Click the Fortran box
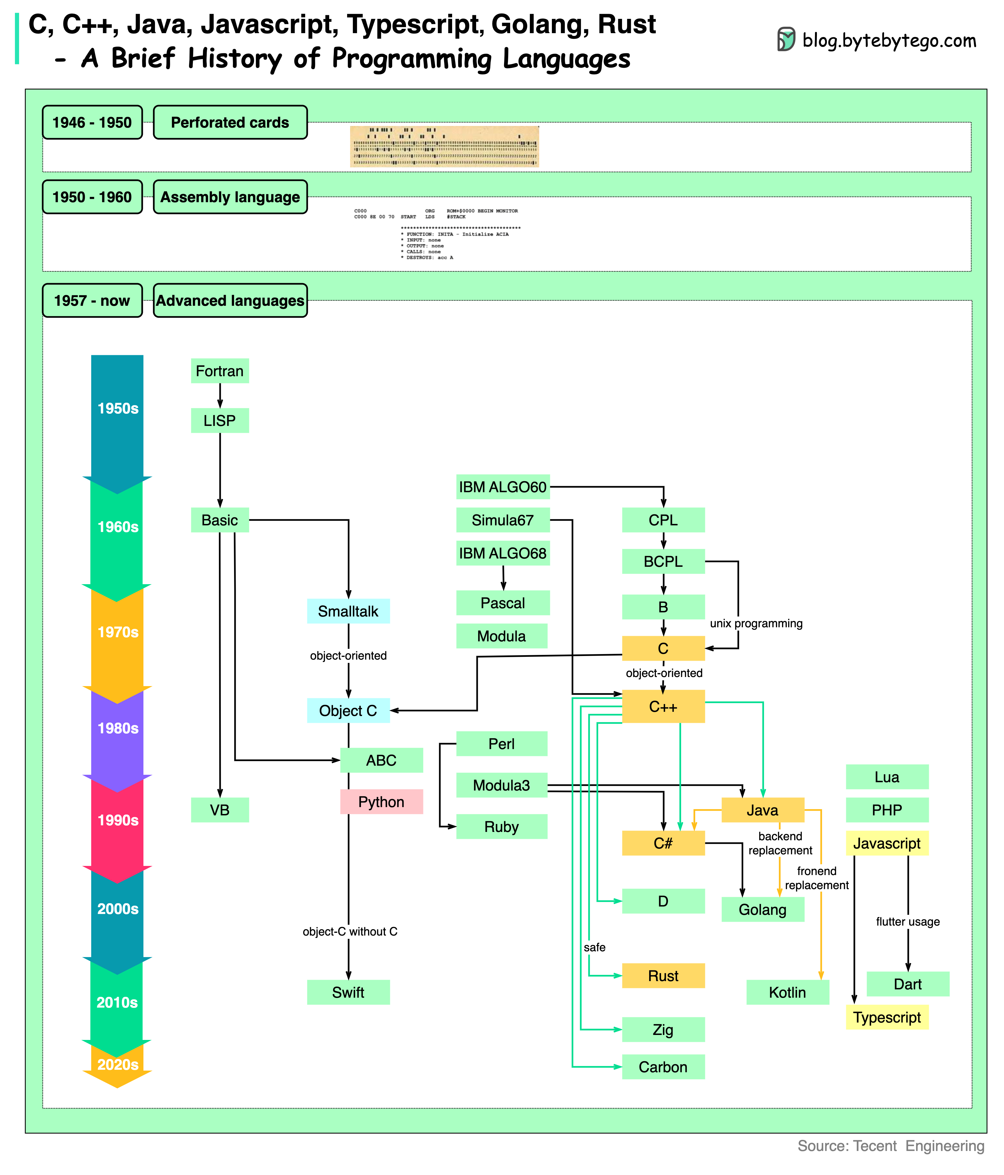pos(219,371)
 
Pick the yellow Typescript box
pos(887,1017)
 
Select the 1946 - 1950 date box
pos(92,122)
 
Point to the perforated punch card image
pos(444,146)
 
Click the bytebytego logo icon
pos(786,40)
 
